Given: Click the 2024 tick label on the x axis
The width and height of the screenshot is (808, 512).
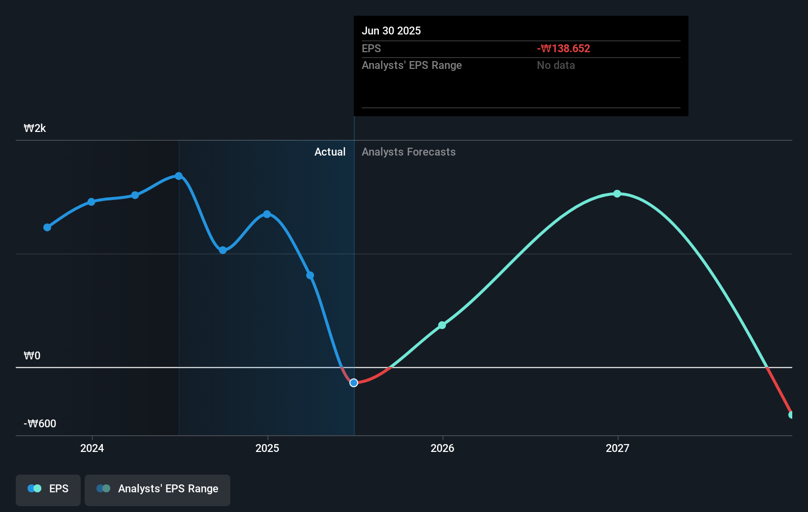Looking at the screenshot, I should [92, 448].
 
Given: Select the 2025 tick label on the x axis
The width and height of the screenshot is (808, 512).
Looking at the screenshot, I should [267, 448].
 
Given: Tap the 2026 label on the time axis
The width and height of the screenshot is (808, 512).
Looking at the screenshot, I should [442, 448].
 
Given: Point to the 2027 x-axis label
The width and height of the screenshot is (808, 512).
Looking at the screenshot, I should [618, 448].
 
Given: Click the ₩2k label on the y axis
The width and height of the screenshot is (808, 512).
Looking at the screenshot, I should [35, 128].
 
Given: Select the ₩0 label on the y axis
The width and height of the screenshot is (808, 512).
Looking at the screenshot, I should [32, 356].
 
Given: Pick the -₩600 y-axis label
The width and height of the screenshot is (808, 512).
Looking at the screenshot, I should [40, 424].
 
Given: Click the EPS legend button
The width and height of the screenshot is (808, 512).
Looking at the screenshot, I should [48, 489].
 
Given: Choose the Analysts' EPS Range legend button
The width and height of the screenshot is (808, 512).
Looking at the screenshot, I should [157, 489].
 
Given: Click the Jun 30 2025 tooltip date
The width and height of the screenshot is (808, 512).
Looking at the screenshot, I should [391, 31].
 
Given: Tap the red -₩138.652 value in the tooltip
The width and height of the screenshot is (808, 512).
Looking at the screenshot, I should [563, 49].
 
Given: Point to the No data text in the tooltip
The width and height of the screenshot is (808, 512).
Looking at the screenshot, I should [556, 65].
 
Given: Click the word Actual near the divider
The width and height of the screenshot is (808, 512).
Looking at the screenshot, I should [330, 152].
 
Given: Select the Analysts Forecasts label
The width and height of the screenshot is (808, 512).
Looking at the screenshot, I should [408, 152].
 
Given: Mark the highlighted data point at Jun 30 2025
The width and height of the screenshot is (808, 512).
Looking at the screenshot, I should [354, 383].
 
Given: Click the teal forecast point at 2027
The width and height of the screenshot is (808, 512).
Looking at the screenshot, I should [617, 194].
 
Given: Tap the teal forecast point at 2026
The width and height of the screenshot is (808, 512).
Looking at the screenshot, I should [442, 325].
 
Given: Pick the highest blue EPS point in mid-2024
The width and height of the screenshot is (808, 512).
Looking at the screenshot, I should [179, 176].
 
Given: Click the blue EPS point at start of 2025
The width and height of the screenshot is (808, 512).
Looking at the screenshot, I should [267, 214].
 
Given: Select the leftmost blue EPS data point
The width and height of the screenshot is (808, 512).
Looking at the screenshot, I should [47, 227].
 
